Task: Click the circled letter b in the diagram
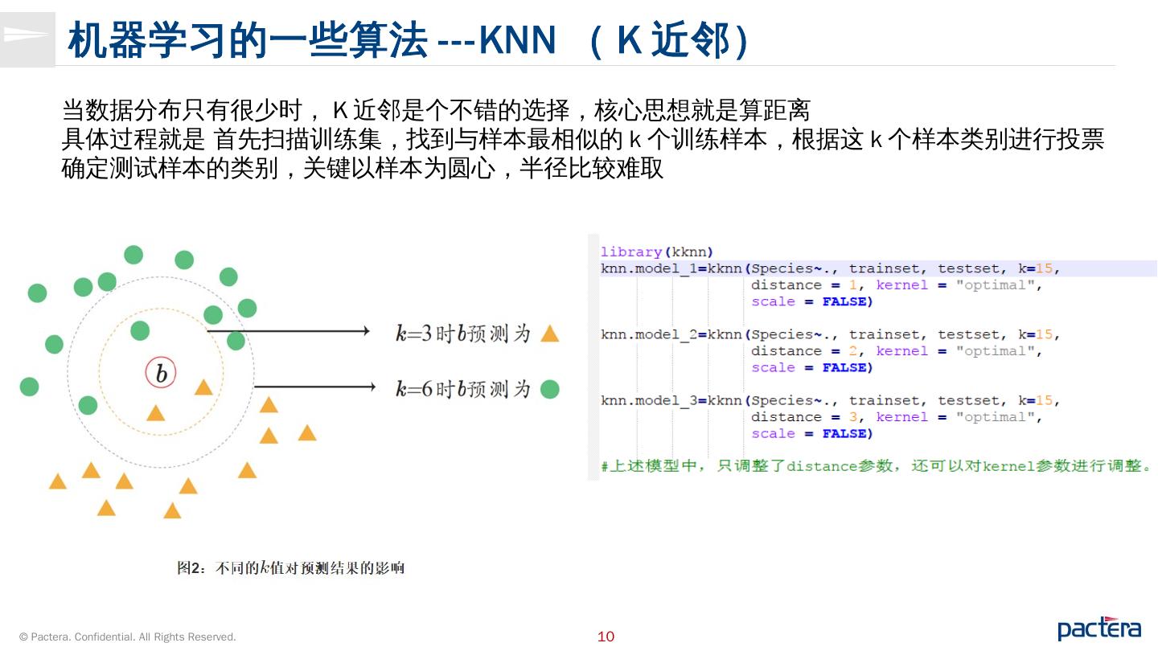point(161,374)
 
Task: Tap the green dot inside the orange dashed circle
point(140,330)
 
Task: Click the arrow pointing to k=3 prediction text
point(288,331)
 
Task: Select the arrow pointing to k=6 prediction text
point(315,387)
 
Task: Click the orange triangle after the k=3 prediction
point(549,334)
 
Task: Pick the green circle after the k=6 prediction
point(549,390)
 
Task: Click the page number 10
point(606,637)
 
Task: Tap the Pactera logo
point(1098,628)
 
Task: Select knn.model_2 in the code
point(649,334)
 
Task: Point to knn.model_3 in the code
point(649,400)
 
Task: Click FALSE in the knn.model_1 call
point(847,301)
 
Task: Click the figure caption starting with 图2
point(290,568)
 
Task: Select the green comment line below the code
point(877,466)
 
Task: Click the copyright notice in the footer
point(128,637)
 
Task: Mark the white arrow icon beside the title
point(26,35)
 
